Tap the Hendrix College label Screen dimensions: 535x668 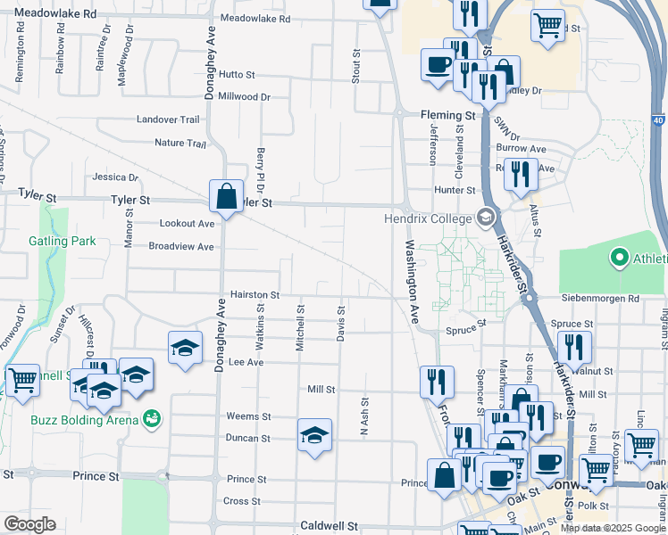[x=427, y=218]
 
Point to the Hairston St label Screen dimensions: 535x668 [x=255, y=294]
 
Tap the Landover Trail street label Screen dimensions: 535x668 [x=168, y=119]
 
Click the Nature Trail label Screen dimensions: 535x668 [x=180, y=143]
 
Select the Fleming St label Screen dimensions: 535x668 [x=447, y=116]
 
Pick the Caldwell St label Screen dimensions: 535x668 [x=329, y=526]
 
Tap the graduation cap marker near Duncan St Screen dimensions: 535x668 [x=314, y=435]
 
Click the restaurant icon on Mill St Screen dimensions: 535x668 [x=437, y=381]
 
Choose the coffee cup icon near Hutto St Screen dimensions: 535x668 [x=438, y=64]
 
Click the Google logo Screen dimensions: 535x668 [x=29, y=524]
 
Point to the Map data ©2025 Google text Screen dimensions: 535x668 [x=613, y=528]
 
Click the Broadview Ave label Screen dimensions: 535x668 [x=181, y=246]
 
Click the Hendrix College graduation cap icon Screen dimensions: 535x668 [x=485, y=217]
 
